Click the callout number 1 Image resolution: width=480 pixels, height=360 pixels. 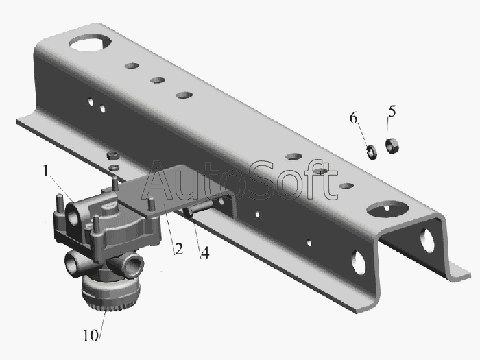click(x=46, y=171)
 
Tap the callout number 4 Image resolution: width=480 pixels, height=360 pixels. click(x=205, y=253)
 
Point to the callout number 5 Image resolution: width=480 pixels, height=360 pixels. click(x=392, y=111)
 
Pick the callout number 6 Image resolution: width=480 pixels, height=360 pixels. click(x=354, y=117)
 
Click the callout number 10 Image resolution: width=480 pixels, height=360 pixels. click(x=91, y=335)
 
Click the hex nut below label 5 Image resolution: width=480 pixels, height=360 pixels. click(x=392, y=145)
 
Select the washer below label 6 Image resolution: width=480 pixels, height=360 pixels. click(x=372, y=152)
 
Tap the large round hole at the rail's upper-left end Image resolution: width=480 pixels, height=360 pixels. click(x=90, y=43)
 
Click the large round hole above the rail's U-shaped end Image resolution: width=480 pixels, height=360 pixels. click(x=387, y=209)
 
